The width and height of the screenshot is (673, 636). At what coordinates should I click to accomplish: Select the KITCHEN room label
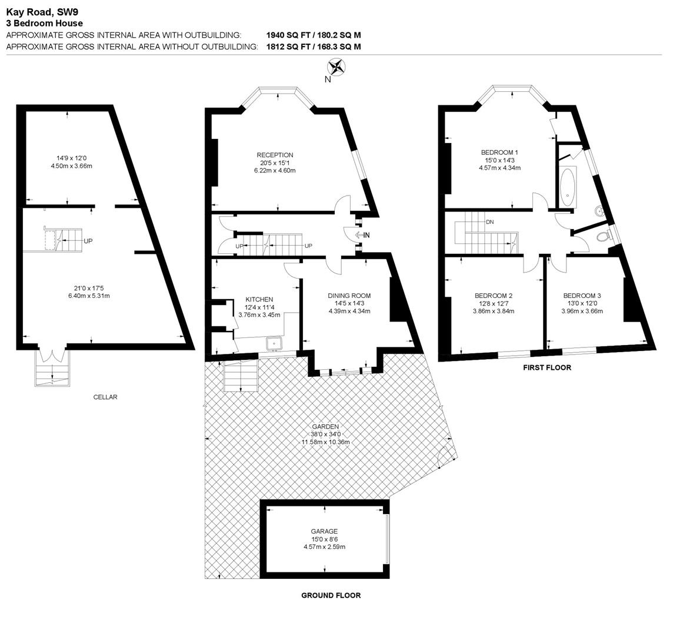(259, 300)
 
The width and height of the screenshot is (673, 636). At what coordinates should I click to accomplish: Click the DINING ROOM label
(349, 296)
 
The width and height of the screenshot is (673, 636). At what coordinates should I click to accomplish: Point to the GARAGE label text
(324, 531)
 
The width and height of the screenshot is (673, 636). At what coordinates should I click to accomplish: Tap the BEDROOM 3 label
(582, 296)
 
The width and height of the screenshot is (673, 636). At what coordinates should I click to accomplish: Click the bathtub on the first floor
(567, 185)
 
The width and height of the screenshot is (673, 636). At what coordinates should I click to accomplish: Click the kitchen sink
(274, 342)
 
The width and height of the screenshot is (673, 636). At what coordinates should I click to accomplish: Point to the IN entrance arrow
(363, 235)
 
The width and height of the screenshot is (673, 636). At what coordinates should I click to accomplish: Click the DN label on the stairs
(489, 222)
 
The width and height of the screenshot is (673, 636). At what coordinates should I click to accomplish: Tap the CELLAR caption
(105, 397)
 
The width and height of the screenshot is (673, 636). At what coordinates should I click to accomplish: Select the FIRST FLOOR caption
(547, 367)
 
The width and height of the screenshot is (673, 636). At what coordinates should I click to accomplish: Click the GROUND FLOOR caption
(331, 595)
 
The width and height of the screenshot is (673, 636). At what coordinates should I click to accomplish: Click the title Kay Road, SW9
(42, 11)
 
